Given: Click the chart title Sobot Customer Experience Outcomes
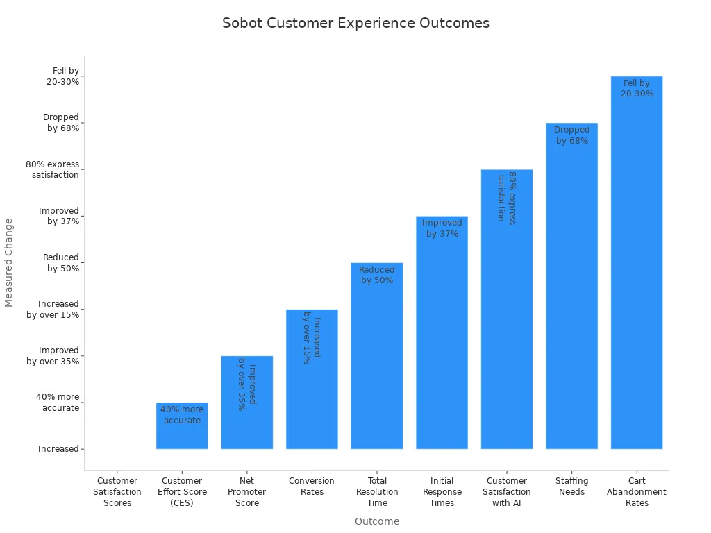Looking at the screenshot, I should tap(355, 23).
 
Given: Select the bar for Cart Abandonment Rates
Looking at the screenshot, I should tap(636, 278).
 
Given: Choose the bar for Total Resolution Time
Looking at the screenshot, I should tap(377, 368).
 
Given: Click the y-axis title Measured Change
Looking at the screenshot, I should tap(9, 262).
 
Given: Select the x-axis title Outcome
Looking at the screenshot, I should tap(377, 521).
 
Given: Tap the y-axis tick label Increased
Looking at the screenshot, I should tap(58, 449).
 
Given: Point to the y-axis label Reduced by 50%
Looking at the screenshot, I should tap(61, 263).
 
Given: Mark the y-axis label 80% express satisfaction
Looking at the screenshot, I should tap(53, 170).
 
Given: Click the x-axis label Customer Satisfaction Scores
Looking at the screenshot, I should tap(117, 492).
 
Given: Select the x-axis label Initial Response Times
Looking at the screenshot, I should tap(442, 492).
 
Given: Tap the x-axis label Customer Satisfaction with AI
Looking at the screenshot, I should tap(507, 492).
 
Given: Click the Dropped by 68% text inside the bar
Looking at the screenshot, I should tap(571, 135).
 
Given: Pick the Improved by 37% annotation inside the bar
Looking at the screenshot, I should tap(442, 228).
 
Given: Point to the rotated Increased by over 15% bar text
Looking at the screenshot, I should tap(312, 340).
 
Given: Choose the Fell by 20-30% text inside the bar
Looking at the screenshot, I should tap(637, 89).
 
